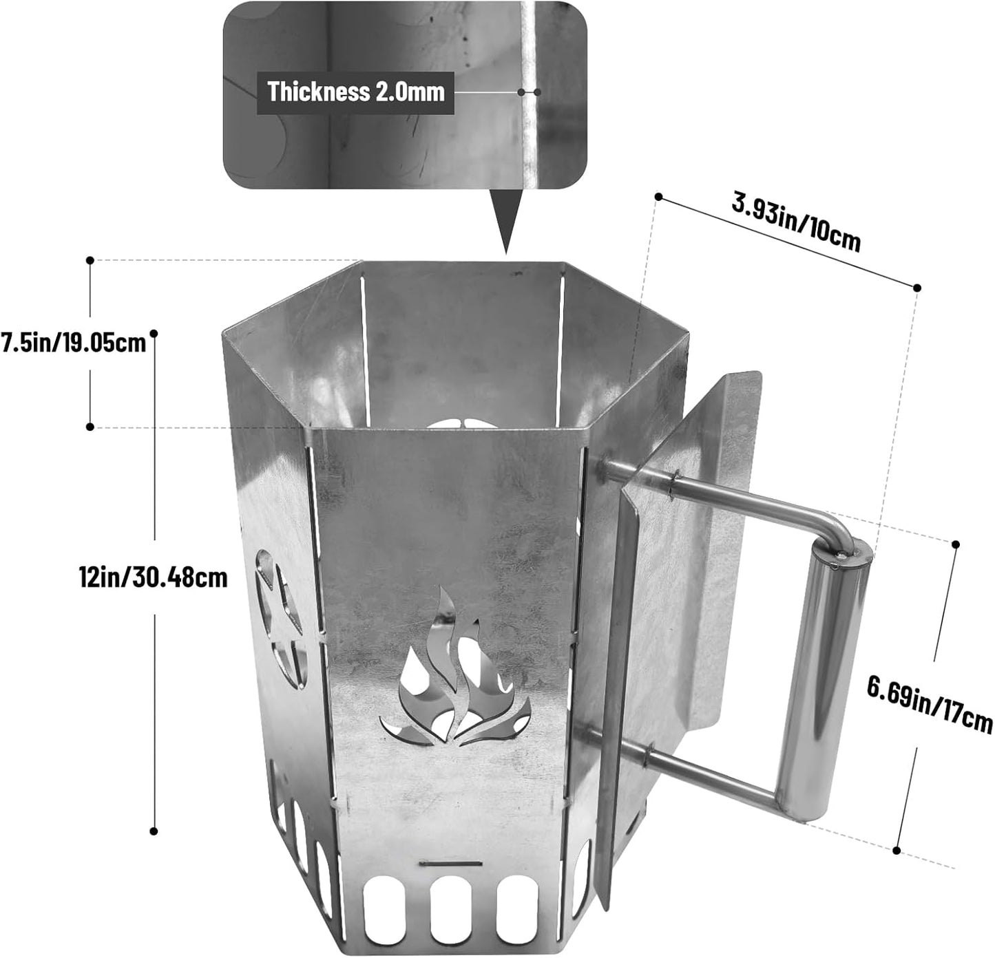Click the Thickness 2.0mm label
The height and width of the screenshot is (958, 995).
(356, 92)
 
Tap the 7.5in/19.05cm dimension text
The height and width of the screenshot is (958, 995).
(74, 342)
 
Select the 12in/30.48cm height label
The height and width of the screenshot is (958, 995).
(154, 577)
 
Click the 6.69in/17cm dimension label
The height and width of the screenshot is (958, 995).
(929, 707)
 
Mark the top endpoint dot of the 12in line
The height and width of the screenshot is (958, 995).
(154, 334)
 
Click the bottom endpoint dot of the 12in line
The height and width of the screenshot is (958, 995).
(154, 831)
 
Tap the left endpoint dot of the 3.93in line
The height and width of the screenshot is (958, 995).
(659, 197)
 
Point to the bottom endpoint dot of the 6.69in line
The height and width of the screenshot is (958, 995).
(897, 850)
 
